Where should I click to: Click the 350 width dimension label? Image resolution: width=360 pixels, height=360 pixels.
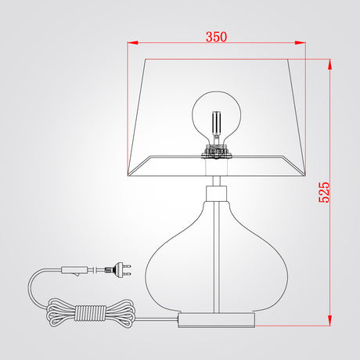pyautogui.click(x=216, y=37)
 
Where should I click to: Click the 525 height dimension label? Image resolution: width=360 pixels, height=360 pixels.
pyautogui.click(x=324, y=193)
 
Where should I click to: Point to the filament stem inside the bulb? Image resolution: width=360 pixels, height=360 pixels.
pyautogui.click(x=217, y=123)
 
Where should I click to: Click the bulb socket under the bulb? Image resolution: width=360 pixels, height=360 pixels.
pyautogui.click(x=217, y=152)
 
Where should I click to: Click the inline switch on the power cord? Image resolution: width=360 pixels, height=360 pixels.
pyautogui.click(x=74, y=270)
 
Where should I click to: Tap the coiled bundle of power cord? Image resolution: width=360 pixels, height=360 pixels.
pyautogui.click(x=90, y=313)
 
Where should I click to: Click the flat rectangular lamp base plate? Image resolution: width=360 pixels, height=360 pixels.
pyautogui.click(x=217, y=320)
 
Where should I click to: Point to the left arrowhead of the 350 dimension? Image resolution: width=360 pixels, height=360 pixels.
pyautogui.click(x=133, y=42)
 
